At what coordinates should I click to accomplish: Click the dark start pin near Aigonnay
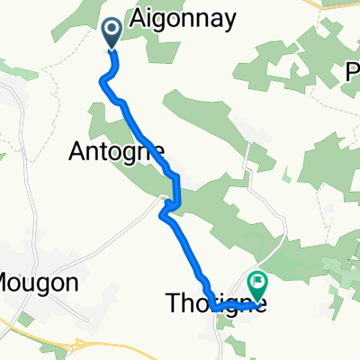(x=113, y=34)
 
